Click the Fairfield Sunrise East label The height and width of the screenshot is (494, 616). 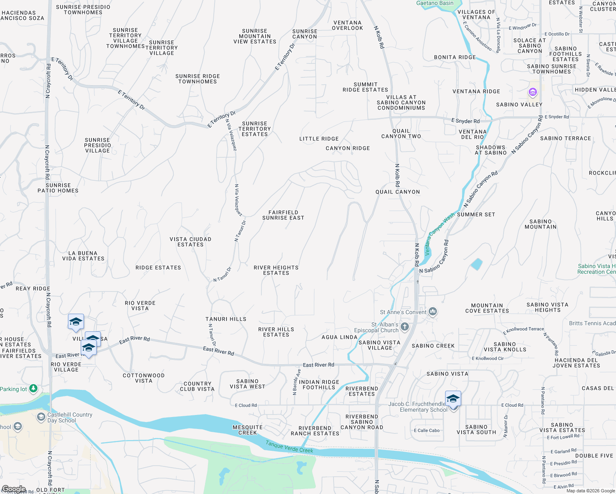283,215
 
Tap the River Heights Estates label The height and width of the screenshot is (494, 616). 276,270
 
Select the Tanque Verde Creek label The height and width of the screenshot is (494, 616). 289,447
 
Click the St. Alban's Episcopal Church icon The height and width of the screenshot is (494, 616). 405,327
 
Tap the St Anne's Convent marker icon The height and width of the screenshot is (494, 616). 432,311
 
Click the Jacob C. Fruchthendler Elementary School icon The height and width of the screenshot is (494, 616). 453,399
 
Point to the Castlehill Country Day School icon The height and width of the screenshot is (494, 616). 41,417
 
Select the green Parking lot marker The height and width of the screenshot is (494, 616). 33,388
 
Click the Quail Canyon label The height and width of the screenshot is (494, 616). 398,192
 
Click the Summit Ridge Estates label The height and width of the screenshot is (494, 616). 365,87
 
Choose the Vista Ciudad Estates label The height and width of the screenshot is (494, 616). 190,242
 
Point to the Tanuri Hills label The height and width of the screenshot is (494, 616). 226,319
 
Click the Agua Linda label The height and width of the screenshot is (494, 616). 339,337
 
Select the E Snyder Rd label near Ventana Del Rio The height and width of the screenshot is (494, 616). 465,121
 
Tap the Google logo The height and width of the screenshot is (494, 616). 14,489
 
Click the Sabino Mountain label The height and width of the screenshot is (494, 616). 540,224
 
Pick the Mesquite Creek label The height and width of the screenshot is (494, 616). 247,430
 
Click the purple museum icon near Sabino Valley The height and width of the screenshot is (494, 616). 532,92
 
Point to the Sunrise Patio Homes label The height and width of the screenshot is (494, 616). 58,188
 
